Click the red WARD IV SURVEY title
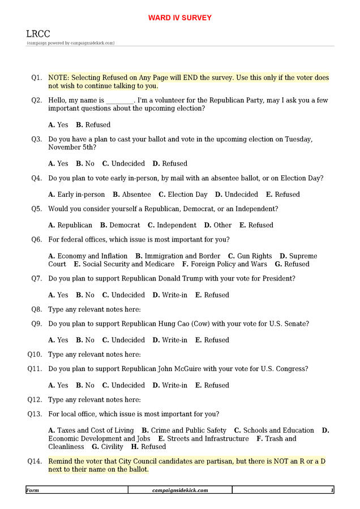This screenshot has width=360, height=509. pyautogui.click(x=179, y=18)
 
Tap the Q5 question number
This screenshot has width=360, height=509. pyautogui.click(x=36, y=209)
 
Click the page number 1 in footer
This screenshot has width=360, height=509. pyautogui.click(x=332, y=490)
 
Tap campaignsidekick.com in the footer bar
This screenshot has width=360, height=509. pyautogui.click(x=180, y=490)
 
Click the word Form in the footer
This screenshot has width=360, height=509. pyautogui.click(x=33, y=490)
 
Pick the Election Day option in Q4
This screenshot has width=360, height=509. pyautogui.click(x=187, y=195)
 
